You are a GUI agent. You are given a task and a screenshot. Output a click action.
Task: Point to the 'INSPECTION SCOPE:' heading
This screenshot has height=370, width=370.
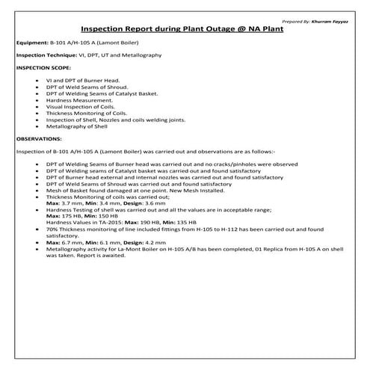pyautogui.click(x=42, y=67)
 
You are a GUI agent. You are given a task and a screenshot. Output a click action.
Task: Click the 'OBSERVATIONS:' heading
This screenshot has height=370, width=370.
pyautogui.click(x=39, y=138)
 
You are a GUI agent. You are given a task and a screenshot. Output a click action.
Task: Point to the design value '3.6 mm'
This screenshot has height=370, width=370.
pyautogui.click(x=150, y=203)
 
